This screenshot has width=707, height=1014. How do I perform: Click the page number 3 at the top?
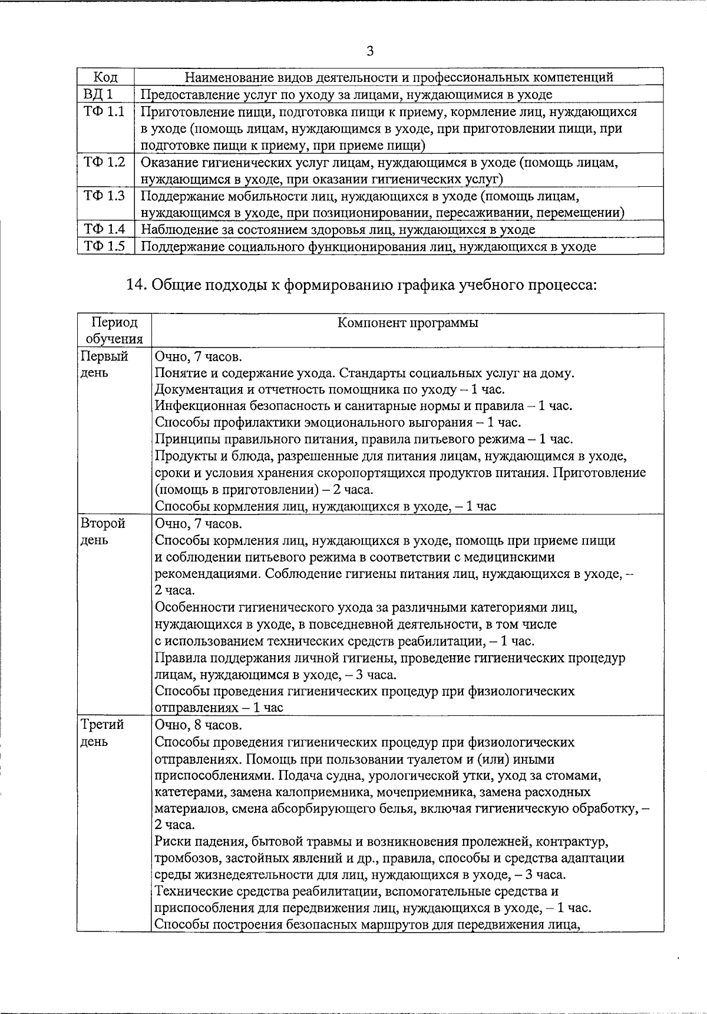coord(370,51)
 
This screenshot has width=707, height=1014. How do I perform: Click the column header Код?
coord(105,77)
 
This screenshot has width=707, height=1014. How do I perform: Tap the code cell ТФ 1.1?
coord(104,111)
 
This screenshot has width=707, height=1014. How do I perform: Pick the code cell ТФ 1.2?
coord(104,162)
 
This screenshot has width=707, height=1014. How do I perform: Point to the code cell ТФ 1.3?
coord(104,196)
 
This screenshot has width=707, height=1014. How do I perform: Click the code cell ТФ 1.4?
coord(104,229)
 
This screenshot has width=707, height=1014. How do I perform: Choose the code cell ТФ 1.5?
coord(104,246)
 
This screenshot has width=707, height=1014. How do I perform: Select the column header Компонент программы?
coord(408,322)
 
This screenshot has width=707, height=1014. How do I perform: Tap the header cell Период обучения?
coord(114,331)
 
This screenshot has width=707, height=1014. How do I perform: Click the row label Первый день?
coord(104,365)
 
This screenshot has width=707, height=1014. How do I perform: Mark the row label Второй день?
coord(103,531)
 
